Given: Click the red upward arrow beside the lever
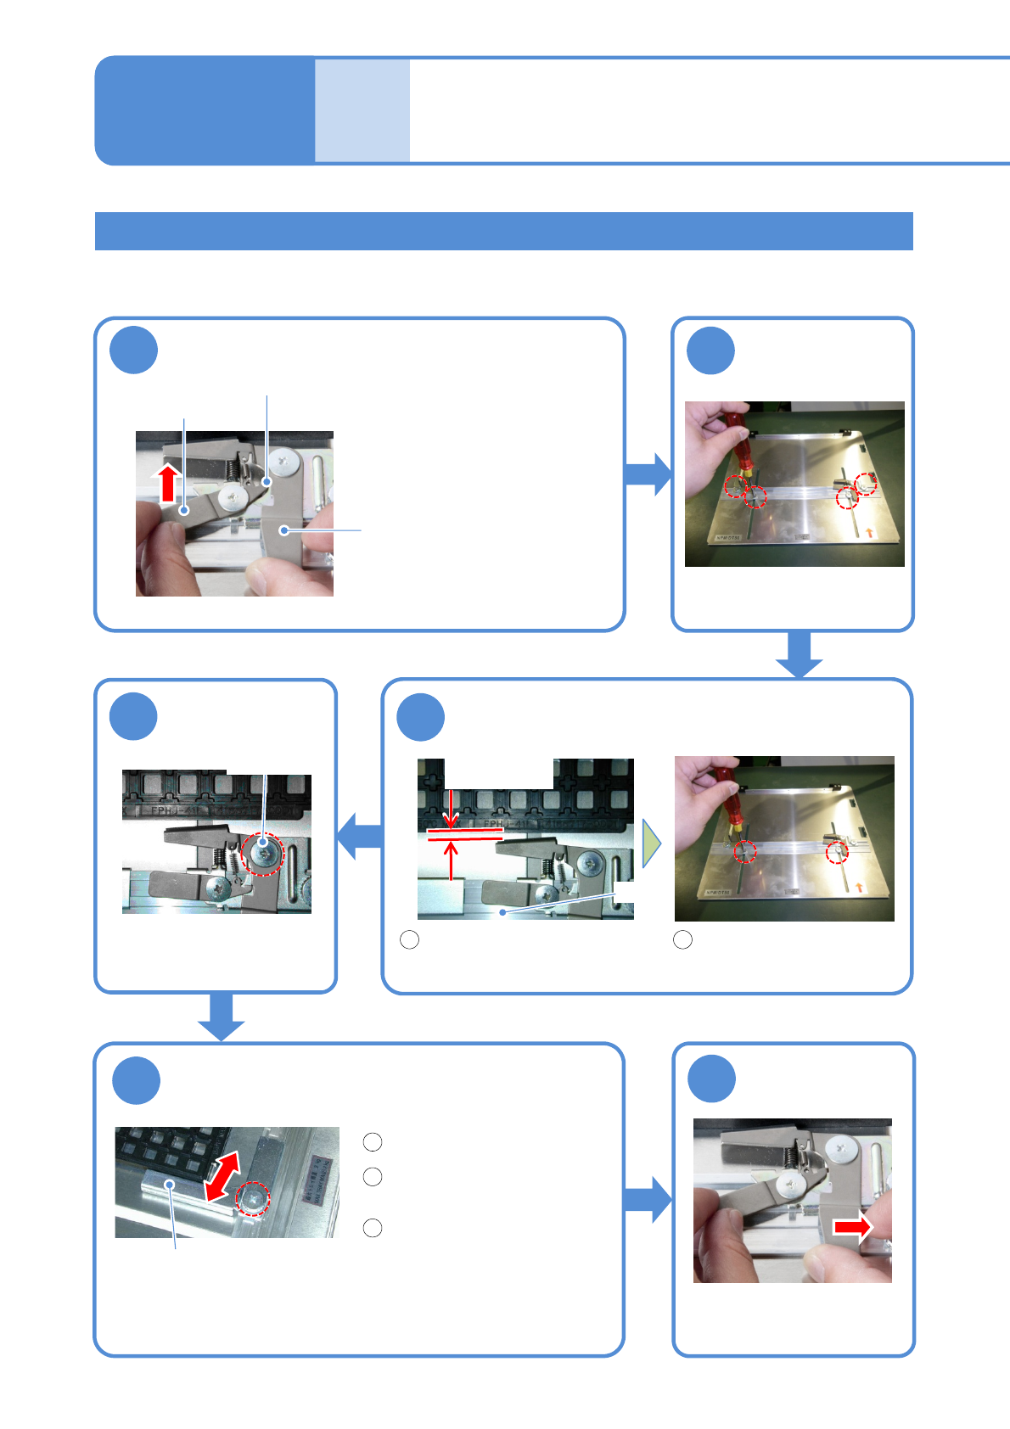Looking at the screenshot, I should [x=168, y=483].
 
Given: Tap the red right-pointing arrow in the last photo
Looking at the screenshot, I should [x=852, y=1227].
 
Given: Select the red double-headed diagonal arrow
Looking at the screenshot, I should [x=222, y=1176].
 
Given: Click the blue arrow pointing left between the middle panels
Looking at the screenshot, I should [x=358, y=836].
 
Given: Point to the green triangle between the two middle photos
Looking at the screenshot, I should [x=651, y=843].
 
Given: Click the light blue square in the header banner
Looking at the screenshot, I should [x=362, y=110].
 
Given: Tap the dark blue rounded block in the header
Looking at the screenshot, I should [x=205, y=110].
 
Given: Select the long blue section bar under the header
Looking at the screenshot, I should [x=503, y=231].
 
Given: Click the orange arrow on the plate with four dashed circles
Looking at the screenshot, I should [x=870, y=533].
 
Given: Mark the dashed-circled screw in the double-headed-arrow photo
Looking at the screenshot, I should [x=253, y=1198].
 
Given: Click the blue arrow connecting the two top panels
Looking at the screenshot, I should [x=648, y=474].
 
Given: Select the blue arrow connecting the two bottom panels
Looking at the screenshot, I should [x=648, y=1199].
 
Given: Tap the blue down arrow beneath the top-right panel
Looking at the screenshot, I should [x=799, y=655].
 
